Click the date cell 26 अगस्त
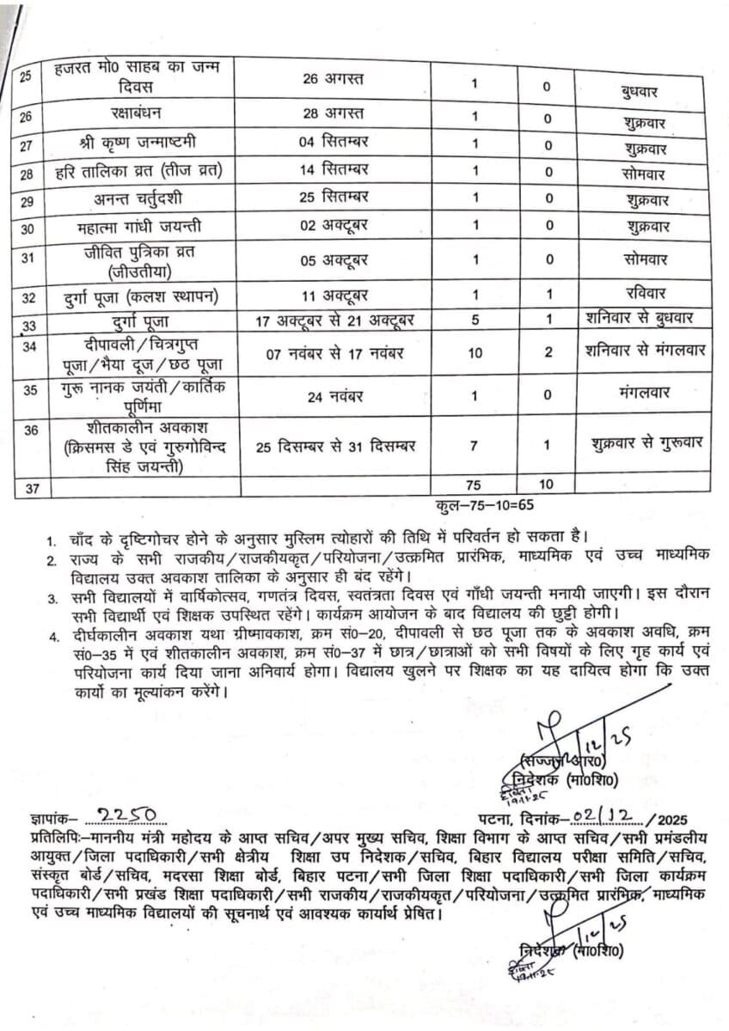334,79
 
